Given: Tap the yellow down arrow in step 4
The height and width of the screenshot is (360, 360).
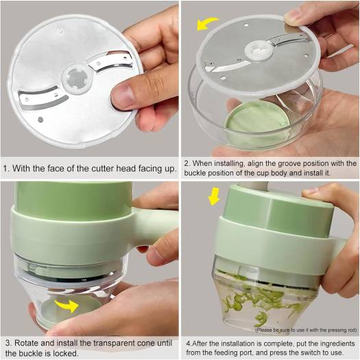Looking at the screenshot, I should [214, 196].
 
